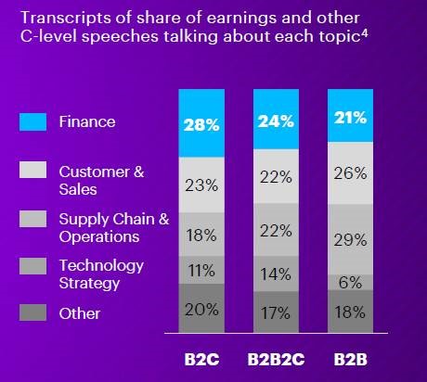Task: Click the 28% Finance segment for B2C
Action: (x=201, y=123)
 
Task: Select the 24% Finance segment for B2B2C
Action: (x=276, y=120)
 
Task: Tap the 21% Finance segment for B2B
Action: (x=350, y=116)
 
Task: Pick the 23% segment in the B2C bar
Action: (x=201, y=185)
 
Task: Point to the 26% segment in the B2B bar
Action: (x=350, y=173)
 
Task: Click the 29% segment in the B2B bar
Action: (x=350, y=239)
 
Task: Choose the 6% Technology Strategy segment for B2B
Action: (x=350, y=283)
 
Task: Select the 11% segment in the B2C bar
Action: (x=201, y=270)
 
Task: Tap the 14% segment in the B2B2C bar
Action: (x=276, y=274)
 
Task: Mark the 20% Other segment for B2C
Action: (x=201, y=309)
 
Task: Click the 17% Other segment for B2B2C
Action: (x=276, y=312)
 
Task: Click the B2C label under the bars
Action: (x=201, y=360)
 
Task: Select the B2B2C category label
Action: (x=276, y=360)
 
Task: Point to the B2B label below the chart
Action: (x=351, y=360)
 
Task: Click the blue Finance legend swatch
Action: (x=32, y=122)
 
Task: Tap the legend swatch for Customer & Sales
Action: (x=32, y=170)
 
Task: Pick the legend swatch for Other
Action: (x=32, y=312)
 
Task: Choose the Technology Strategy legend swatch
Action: (x=32, y=266)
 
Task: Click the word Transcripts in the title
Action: (x=66, y=19)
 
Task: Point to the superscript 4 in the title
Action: (x=365, y=32)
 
